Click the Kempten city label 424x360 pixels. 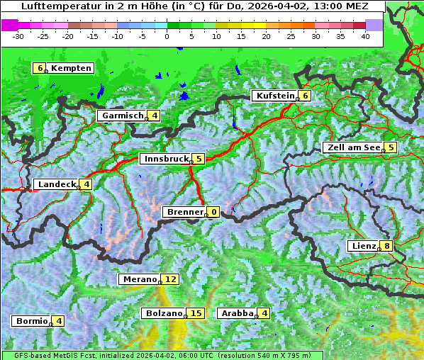[71, 68]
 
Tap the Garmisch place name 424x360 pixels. [123, 116]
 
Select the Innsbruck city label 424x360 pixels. [164, 159]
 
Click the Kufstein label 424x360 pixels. [275, 96]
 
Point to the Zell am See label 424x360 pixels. [352, 147]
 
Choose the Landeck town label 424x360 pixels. [56, 184]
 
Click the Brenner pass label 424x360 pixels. [184, 212]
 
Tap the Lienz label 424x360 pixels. [363, 246]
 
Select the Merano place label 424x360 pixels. [139, 279]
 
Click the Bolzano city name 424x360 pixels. [164, 313]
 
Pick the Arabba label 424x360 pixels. [237, 313]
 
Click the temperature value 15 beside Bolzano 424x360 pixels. [196, 313]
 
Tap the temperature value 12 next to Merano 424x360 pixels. [171, 279]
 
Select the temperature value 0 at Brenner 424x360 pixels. [213, 212]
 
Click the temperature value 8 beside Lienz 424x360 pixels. [386, 246]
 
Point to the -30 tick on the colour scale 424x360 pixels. [19, 35]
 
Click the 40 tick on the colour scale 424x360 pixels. [365, 35]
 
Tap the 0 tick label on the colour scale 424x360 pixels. [167, 35]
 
